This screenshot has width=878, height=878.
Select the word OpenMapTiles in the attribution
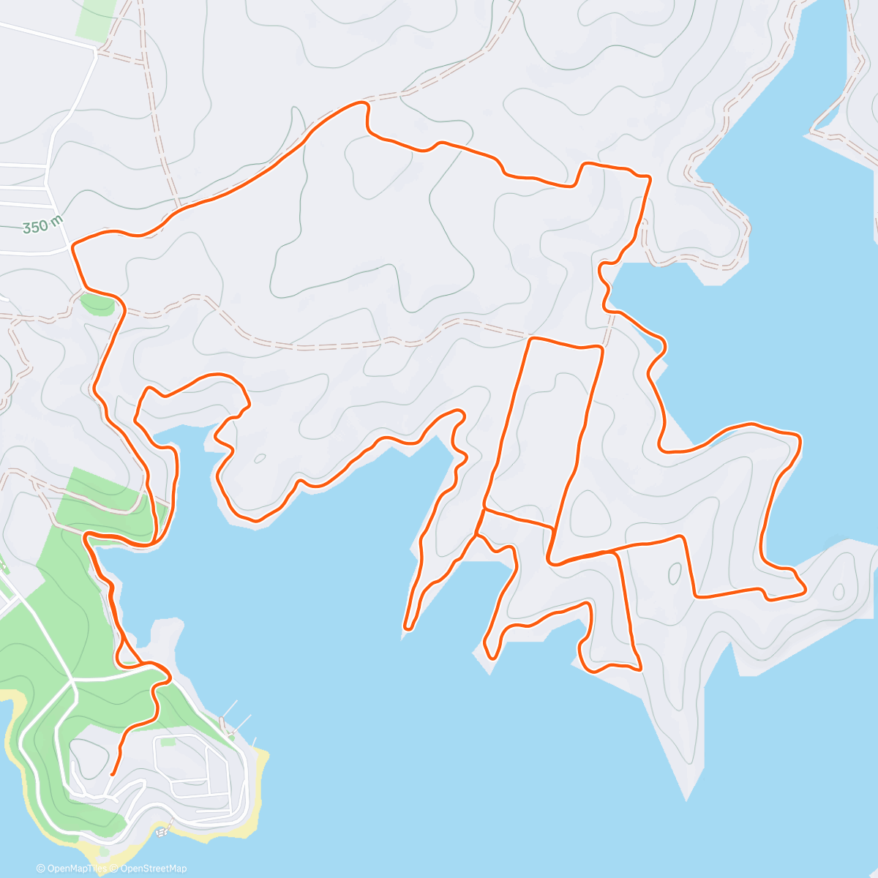pos(76,868)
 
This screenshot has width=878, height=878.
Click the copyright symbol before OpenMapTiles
pos(41,868)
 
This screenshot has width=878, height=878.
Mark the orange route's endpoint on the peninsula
pos(111,773)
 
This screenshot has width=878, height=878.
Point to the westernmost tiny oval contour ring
pos(260,459)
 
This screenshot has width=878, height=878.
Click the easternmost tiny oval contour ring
pos(838,591)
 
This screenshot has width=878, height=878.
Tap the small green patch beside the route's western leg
pos(98,303)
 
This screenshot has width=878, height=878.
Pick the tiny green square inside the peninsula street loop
pos(168,742)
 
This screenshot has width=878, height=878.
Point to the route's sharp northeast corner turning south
pos(649,177)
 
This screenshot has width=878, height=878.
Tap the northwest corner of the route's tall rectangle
pos(530,339)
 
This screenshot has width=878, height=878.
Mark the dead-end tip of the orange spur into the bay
pos(408,628)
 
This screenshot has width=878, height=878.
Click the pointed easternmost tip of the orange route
pos(805,589)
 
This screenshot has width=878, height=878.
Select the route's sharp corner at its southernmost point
pos(640,669)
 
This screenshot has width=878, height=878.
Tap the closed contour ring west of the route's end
pos(86,757)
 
